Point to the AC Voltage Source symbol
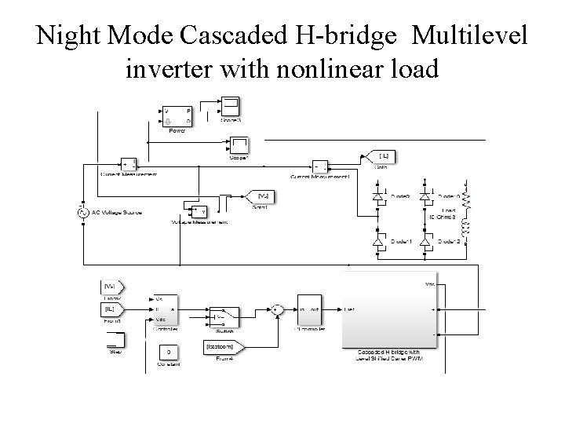pos(82,212)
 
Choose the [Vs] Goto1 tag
pos(257,194)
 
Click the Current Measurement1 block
pos(320,166)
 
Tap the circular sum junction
pos(276,309)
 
